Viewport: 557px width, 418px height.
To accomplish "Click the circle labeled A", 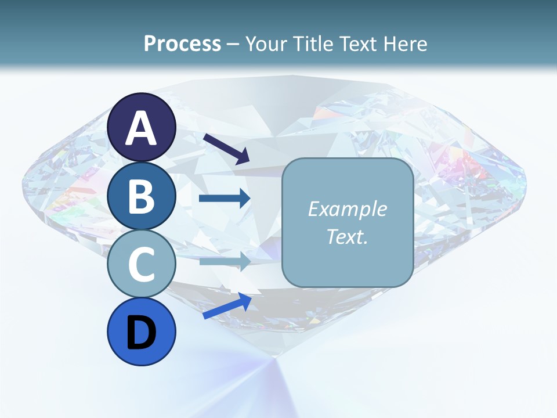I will (x=142, y=127).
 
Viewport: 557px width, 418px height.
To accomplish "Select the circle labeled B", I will (x=142, y=196).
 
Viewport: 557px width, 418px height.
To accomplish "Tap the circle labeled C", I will (x=142, y=264).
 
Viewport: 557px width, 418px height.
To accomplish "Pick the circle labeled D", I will (x=142, y=332).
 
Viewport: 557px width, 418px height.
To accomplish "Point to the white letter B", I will (x=142, y=196).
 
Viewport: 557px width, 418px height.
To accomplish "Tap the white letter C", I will (x=142, y=265).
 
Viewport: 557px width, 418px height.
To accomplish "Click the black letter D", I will (x=142, y=333).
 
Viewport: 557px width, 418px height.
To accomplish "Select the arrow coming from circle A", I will (x=226, y=149).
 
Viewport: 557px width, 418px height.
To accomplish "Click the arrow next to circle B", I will (x=225, y=199).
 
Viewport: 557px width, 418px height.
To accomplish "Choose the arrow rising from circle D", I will (x=227, y=305).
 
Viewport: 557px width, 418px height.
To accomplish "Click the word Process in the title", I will (x=182, y=44).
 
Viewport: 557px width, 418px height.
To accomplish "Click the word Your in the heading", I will (x=266, y=44).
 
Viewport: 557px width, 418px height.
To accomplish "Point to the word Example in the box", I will (x=347, y=209).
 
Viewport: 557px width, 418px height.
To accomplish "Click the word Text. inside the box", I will (x=347, y=236).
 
